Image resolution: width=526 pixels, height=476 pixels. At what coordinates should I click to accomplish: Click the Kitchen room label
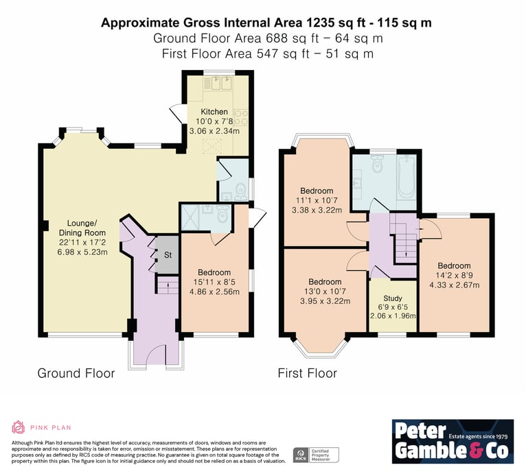pos(214,112)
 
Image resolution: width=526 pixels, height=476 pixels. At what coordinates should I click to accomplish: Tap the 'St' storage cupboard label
pos(168,255)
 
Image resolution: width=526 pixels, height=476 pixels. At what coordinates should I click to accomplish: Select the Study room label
pos(393,298)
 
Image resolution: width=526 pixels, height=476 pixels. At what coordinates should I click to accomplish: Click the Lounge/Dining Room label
pos(82,228)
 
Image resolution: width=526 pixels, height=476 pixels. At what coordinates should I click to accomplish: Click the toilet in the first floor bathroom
pos(378,163)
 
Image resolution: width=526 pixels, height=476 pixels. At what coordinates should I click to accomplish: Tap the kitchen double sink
pos(222,84)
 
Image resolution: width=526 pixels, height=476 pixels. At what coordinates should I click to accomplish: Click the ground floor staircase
pos(168,285)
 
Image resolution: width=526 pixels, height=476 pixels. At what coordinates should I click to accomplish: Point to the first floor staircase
pos(405,238)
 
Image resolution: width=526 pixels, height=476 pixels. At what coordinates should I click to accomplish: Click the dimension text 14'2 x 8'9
pos(454,275)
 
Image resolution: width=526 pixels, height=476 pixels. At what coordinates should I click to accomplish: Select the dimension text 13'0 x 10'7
pos(325,291)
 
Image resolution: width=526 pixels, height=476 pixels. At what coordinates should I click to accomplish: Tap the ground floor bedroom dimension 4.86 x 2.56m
pos(214,291)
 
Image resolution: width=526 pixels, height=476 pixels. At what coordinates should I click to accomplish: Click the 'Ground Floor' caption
pos(76,373)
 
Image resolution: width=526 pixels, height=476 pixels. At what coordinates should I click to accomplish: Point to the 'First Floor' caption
pos(307,373)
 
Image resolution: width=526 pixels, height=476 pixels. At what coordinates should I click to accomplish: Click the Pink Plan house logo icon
pos(19,427)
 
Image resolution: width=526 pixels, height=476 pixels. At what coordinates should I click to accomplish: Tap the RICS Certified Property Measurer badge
pos(316,455)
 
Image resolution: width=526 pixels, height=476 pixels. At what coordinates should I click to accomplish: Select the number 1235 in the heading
pos(320,23)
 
